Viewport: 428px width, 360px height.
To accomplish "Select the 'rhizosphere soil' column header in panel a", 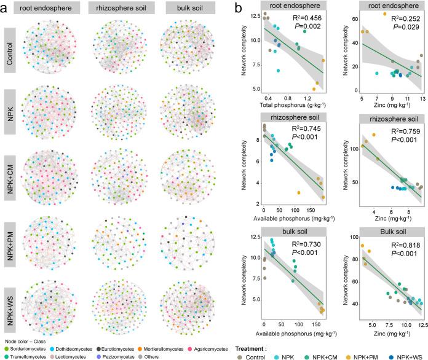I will coord(115,9).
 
